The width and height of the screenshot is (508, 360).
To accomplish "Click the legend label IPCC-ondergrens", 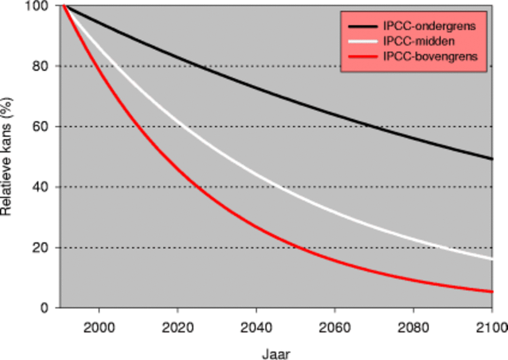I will pos(429,26).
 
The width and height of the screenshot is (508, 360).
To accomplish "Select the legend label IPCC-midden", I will pos(419,41).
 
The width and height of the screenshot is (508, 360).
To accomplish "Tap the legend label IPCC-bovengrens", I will pos(430,57).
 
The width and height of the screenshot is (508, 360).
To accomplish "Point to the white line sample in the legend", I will pos(363,41).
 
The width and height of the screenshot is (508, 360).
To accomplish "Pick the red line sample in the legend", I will pos(363,57).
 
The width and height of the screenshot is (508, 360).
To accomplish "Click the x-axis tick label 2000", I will pos(99,327).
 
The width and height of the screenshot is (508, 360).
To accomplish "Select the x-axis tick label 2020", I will pos(178,327).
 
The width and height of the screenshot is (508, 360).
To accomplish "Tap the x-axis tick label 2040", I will pos(256,327).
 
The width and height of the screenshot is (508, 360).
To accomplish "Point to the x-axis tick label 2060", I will pos(335,327).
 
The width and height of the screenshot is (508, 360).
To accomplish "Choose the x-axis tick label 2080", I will pos(414,327).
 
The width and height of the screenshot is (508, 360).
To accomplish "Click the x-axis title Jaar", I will pos(276,353).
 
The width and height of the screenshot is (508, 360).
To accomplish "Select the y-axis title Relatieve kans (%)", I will pos(7,156).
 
